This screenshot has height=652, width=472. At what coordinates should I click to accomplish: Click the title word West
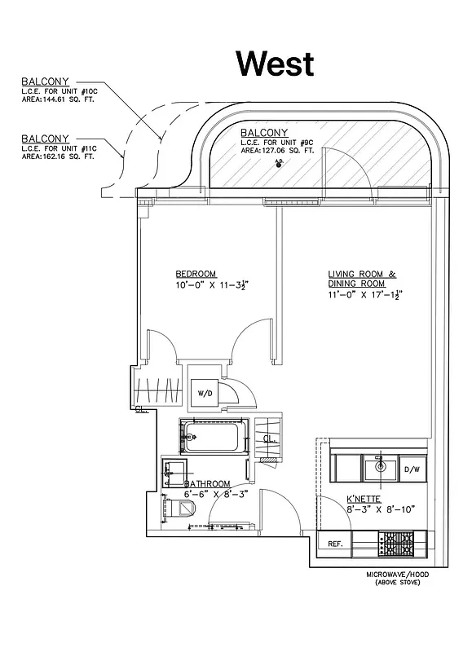[275, 62]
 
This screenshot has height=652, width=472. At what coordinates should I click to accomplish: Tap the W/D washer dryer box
[205, 394]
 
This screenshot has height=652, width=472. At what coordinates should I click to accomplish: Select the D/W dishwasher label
[412, 469]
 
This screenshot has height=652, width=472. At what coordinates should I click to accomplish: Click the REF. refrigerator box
[334, 543]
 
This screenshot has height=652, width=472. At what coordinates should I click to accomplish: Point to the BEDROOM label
[196, 273]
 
